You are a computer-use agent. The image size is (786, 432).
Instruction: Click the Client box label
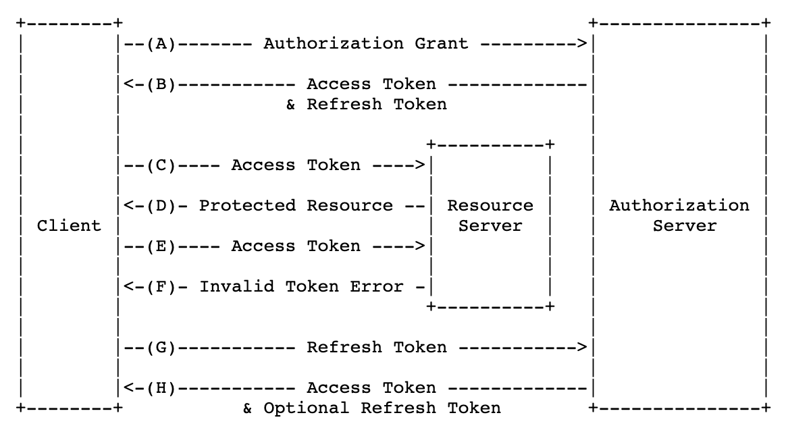pos(69,225)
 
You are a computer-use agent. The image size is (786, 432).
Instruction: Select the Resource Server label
pos(490,215)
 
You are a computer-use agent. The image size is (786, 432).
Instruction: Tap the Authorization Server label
pos(679,215)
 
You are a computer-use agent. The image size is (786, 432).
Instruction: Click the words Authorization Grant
pos(365,44)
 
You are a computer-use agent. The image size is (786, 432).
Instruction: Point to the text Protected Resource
pos(296,206)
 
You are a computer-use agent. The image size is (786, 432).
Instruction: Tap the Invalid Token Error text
pos(301,287)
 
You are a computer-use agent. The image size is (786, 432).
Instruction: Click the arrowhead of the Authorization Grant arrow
pos(582,44)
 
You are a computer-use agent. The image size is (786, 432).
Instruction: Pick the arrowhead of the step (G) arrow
pos(582,348)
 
